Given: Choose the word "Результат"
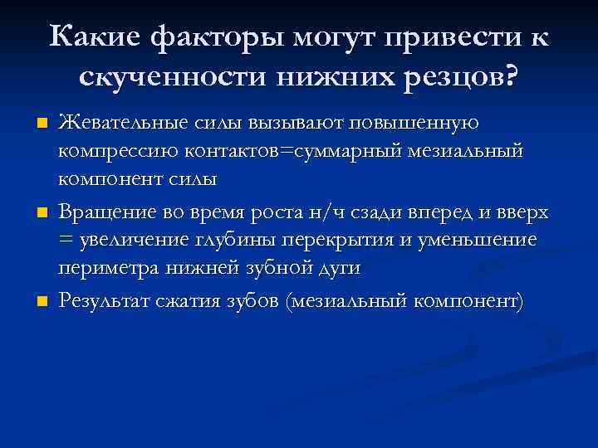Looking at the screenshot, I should (x=107, y=301).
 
